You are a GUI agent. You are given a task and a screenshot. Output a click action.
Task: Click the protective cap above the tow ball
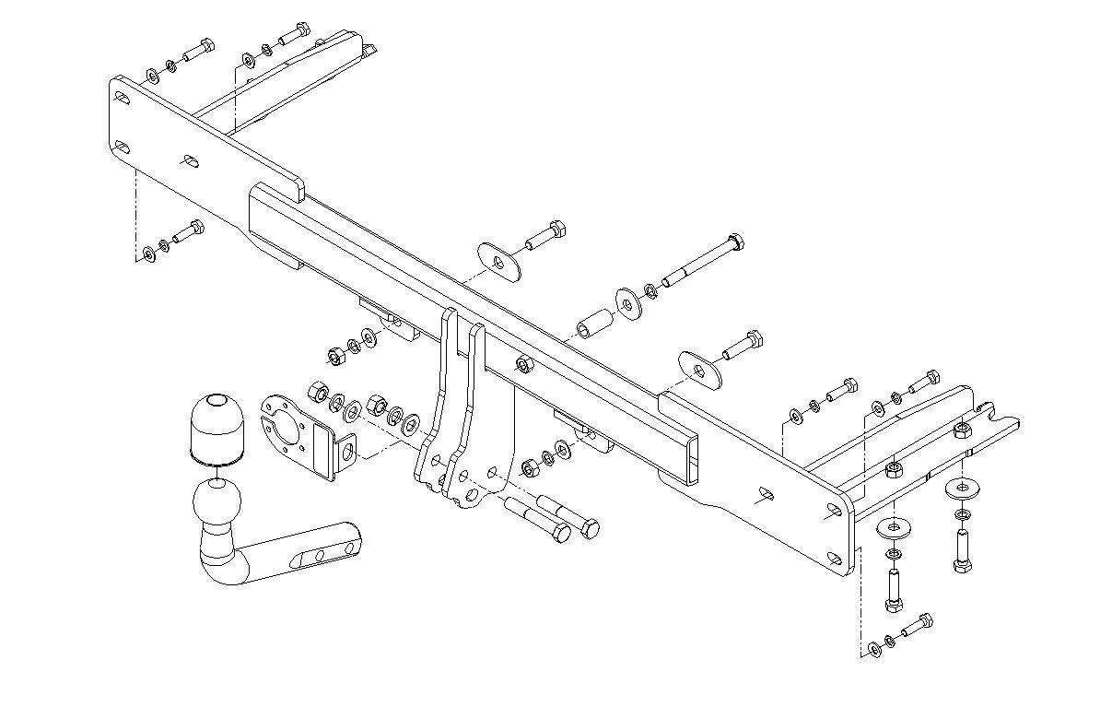tap(215, 427)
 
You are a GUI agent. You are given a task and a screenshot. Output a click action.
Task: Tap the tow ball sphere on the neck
tap(217, 503)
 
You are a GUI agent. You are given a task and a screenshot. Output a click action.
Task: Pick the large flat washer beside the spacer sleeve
tap(629, 302)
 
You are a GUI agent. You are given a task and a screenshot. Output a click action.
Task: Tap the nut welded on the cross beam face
tap(524, 366)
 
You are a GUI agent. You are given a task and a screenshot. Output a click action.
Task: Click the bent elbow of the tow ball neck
tap(221, 566)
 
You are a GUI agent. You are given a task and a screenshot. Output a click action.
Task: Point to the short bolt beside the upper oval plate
tap(545, 235)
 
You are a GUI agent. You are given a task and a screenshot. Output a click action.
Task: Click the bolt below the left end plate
tap(187, 231)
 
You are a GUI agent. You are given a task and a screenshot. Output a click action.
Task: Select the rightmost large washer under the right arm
tap(962, 486)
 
